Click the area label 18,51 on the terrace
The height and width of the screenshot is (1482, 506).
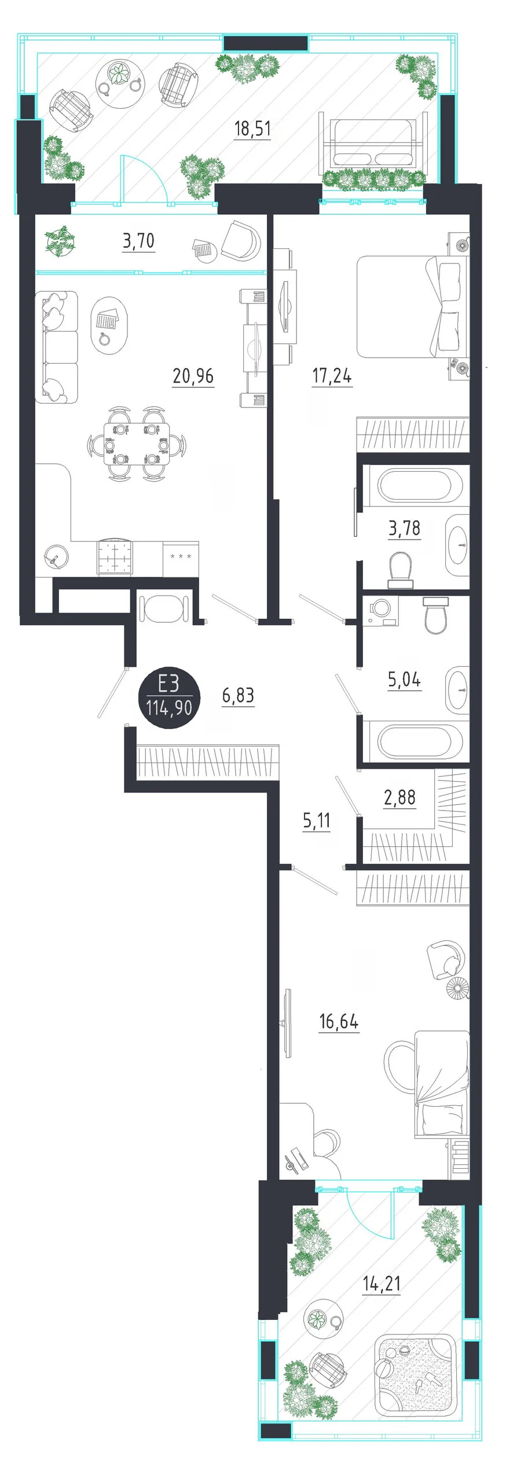point(252,128)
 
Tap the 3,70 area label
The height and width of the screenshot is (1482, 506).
point(138,240)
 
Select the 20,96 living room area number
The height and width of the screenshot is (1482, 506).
point(193,376)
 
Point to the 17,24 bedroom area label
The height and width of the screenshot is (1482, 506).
point(332,376)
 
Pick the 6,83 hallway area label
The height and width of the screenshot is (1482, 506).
point(238,695)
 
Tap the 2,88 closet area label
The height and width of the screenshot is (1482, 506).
point(399,797)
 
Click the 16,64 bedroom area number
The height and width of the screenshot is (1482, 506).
point(339,1022)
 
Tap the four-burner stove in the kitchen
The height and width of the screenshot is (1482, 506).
point(115,556)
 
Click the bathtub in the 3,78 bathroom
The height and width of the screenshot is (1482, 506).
point(420,485)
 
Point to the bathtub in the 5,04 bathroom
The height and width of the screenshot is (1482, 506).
point(420,739)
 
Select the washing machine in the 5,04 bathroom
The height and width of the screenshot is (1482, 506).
point(380,611)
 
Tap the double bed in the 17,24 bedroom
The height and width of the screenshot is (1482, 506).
point(412,307)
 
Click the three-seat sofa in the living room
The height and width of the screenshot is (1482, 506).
point(56,347)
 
